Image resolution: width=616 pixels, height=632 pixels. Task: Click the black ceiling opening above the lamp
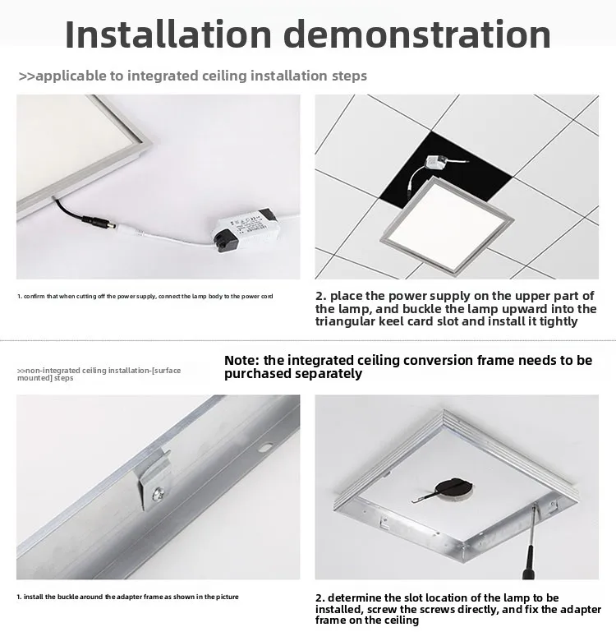click(445, 169)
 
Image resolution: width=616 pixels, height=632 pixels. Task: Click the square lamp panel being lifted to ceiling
click(447, 225)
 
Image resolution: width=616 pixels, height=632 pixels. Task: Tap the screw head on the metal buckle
click(157, 494)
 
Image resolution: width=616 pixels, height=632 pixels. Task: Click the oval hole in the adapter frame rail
click(265, 447)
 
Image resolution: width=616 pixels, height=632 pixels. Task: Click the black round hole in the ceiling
click(454, 489)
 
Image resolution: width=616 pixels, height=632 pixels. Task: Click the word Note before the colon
click(240, 360)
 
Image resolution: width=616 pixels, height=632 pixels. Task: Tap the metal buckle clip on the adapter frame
click(153, 480)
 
